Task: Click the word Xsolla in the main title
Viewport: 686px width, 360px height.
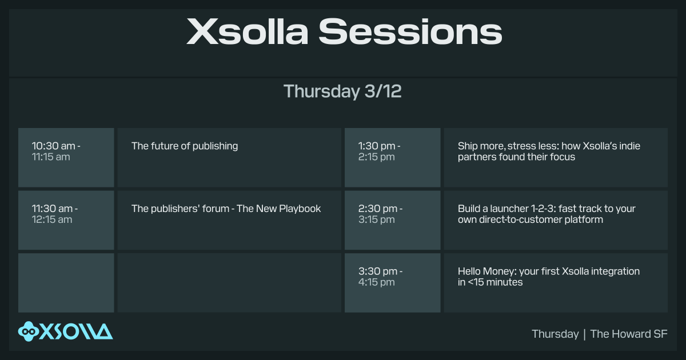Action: (248, 31)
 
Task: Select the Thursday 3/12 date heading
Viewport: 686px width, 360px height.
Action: (342, 91)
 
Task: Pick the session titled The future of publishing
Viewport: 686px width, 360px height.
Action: (185, 146)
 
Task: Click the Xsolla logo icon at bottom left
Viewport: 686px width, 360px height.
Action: (28, 331)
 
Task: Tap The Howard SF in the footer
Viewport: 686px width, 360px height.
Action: (629, 334)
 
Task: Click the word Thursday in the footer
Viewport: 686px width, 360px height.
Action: (555, 334)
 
